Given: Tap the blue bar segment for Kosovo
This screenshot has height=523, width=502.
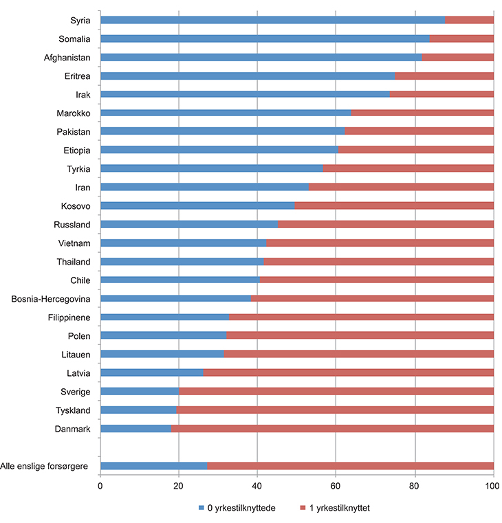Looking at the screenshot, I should [x=197, y=205].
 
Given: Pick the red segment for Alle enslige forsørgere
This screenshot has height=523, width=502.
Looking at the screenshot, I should [x=350, y=466].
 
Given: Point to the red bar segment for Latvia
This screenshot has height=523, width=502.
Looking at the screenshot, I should [x=348, y=372].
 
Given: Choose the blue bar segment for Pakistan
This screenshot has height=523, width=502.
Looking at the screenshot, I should [x=223, y=131].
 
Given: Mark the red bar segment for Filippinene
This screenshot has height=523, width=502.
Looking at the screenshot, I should [x=361, y=317].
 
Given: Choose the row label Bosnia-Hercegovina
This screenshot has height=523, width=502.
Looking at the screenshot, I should [x=52, y=299].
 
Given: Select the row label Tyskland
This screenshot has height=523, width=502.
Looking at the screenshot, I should [x=74, y=410].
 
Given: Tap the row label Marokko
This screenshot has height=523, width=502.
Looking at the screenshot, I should [x=74, y=113].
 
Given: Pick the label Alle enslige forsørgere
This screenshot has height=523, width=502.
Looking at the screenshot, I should [x=47, y=466].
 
